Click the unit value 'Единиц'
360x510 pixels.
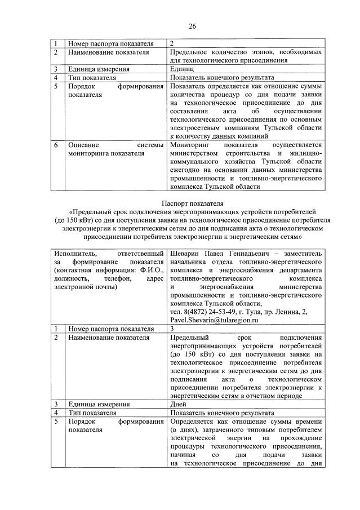(x=182, y=69)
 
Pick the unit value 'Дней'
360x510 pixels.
(x=179, y=404)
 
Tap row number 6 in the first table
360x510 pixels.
(x=56, y=145)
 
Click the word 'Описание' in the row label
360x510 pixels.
(x=84, y=145)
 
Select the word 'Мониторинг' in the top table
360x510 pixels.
(x=190, y=145)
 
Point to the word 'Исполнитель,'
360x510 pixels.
(x=75, y=254)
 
